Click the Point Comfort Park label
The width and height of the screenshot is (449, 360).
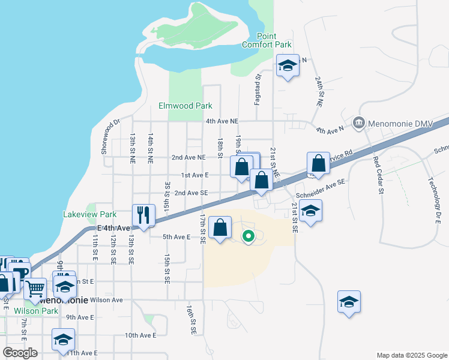coord(267,40)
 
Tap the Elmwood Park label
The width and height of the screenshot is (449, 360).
coord(185,106)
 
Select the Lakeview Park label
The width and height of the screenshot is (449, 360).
coord(90,214)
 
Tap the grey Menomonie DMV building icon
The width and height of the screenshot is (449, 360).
coord(359,122)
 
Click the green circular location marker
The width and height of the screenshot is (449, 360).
coord(249,236)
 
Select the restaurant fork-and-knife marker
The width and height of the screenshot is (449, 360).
coord(143,215)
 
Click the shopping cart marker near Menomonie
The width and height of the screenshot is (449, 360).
coord(35,289)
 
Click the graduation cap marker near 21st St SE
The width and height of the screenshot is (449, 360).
coord(310,211)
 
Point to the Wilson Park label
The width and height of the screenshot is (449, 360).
coord(37,311)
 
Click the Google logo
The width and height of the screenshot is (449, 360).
coord(20,353)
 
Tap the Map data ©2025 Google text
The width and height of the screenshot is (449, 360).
coord(411,355)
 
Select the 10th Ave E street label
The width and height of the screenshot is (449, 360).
coord(140,335)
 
